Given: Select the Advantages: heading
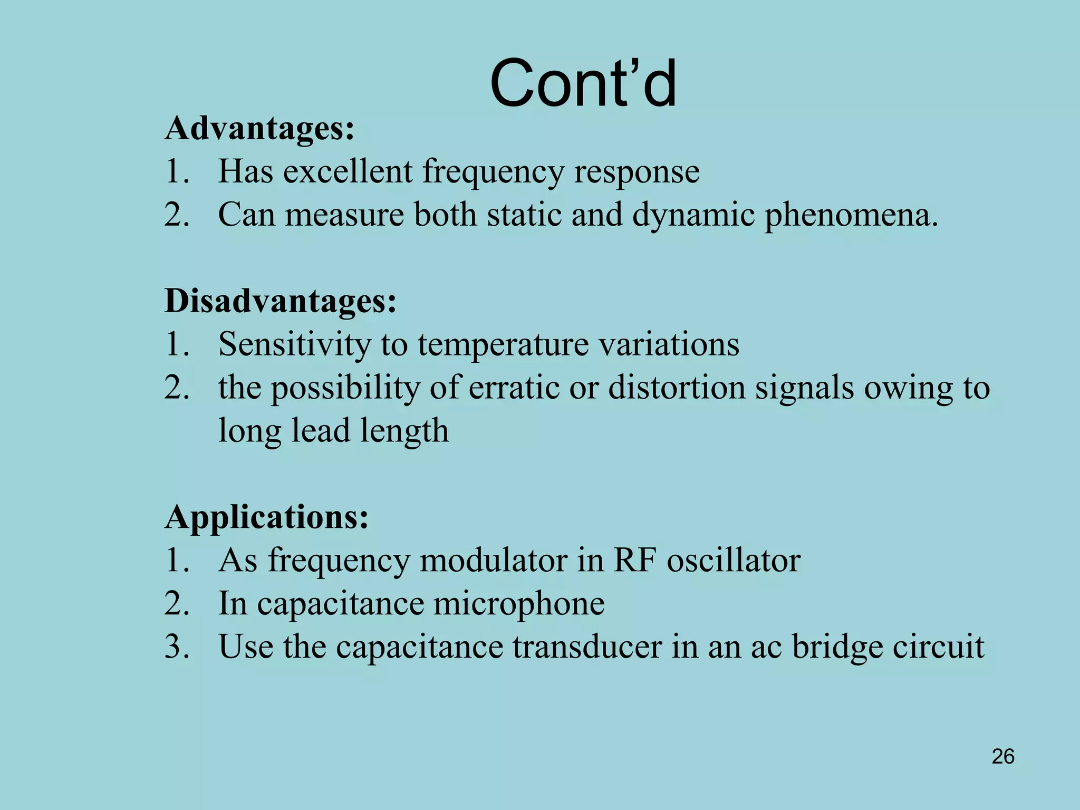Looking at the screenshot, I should pyautogui.click(x=259, y=128).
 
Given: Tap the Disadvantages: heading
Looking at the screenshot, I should pyautogui.click(x=280, y=301).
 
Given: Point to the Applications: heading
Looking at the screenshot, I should pyautogui.click(x=266, y=517).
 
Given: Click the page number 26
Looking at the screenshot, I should pyautogui.click(x=1003, y=757).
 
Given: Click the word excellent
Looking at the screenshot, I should pyautogui.click(x=348, y=171).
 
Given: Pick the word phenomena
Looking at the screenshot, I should pyautogui.click(x=852, y=216).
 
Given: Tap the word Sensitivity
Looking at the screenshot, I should pyautogui.click(x=294, y=344).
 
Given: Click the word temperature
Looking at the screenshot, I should pyautogui.click(x=503, y=345).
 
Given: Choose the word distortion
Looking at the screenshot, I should pyautogui.click(x=677, y=388).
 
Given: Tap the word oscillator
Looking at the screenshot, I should pyautogui.click(x=734, y=560).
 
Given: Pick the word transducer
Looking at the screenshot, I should pyautogui.click(x=587, y=647).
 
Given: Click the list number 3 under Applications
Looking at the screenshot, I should pyautogui.click(x=176, y=647).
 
